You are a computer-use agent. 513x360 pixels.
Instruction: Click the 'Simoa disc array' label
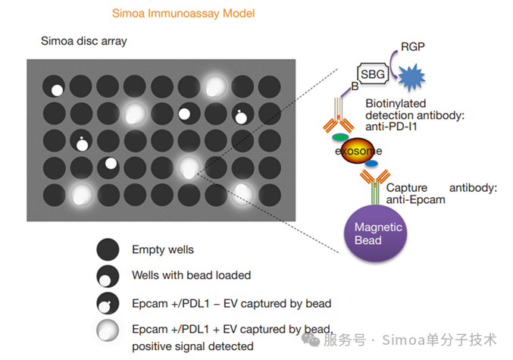[83, 41]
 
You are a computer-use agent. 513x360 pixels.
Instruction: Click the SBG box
[374, 74]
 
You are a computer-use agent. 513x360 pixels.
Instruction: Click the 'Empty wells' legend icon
[108, 250]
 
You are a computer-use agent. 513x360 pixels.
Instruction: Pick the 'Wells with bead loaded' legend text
[191, 275]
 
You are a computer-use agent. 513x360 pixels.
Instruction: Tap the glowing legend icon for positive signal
[108, 330]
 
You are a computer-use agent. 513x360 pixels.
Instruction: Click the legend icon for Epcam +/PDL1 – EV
[108, 303]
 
